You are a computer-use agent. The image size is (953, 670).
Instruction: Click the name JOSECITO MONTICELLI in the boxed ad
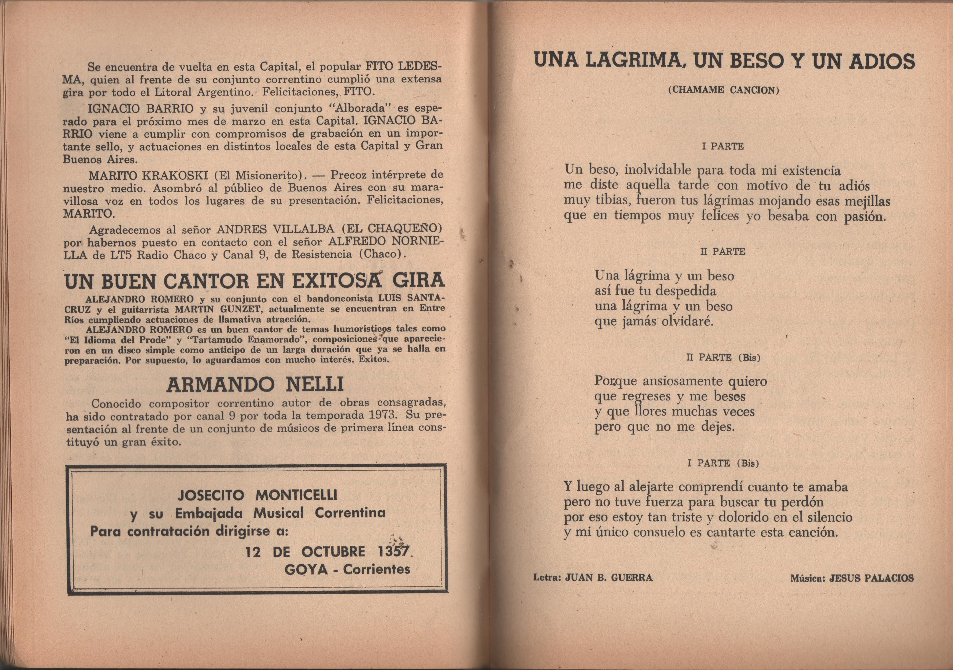[x=257, y=495]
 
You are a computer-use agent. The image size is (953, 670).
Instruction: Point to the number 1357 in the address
[x=393, y=552]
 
